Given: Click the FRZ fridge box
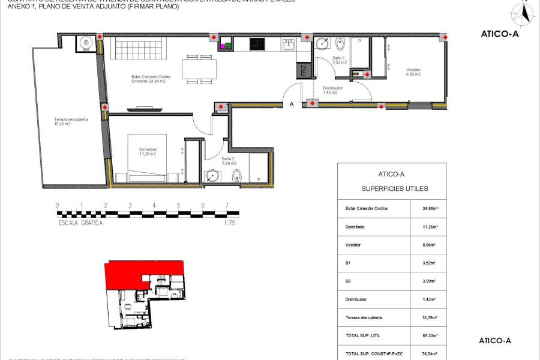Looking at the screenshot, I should tap(304, 70).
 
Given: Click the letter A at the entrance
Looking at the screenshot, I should tap(292, 104).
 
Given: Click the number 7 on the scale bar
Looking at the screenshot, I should tap(227, 205).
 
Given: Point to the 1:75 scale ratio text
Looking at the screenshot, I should tap(229, 223).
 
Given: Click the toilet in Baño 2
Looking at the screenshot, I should tap(237, 176).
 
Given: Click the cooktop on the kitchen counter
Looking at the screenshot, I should tap(257, 43).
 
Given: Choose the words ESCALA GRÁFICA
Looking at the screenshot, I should tap(80, 223).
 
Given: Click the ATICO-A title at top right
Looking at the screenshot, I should tap(499, 34).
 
